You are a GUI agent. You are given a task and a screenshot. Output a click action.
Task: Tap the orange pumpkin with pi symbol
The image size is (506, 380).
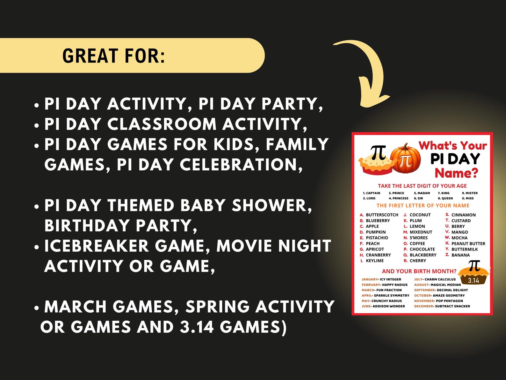coord(405,158)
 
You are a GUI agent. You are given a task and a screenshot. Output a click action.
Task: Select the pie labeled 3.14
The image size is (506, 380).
coord(474,274)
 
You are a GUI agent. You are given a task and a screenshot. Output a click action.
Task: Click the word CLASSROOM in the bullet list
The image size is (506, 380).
coord(162,124)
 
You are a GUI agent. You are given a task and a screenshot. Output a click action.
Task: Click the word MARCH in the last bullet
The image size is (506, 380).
coord(75,307)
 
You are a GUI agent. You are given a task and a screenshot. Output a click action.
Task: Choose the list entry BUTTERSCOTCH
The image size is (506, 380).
coord(382,215)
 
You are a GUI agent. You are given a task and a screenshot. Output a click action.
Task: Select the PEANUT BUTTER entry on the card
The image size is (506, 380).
coord(468,244)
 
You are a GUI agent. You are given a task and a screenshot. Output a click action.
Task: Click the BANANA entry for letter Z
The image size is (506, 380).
coord(460,255)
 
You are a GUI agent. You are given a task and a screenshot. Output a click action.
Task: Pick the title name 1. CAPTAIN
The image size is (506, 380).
coord(372,193)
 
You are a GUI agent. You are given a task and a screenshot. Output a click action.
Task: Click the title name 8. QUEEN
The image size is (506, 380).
coord(445,198)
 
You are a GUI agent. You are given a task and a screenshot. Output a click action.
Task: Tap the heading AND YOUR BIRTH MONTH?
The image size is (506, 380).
coord(419,271)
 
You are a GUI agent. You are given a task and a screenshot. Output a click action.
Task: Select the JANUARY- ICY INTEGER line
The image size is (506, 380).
coord(381,279)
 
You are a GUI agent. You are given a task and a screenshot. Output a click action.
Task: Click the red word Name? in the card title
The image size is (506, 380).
coord(456,173)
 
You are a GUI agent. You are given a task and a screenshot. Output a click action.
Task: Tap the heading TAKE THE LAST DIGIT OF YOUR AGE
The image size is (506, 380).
coord(422,186)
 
